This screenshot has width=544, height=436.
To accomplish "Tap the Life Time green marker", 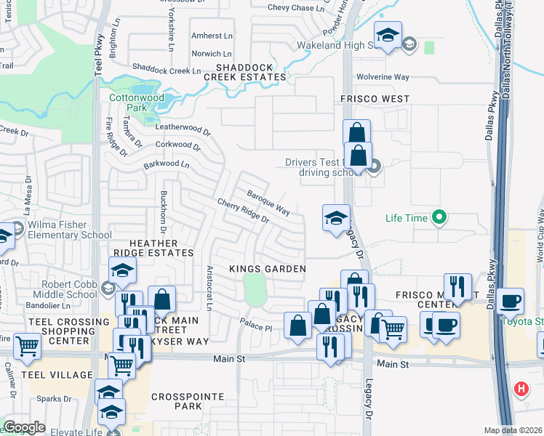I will pos(439,217).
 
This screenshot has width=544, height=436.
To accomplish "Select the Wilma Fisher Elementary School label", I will pos(65,230).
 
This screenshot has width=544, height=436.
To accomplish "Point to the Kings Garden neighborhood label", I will pos(267,269).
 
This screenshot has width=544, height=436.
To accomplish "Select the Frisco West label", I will pos(375,99).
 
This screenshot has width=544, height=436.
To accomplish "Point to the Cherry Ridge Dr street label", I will pos(243,211).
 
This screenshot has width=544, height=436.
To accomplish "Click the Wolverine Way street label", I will pos(383,77).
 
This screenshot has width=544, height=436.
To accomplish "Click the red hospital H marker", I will pos(521,389).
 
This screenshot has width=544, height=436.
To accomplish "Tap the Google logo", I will pos(24,427).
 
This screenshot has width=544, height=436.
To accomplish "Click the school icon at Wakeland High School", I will pos(388,34).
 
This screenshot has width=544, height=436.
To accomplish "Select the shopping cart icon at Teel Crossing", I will pos(27,344).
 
